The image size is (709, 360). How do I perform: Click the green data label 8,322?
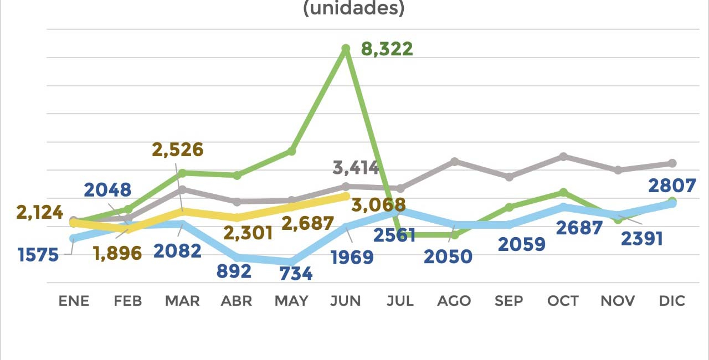coord(387,49)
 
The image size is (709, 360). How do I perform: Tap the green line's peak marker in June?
coord(346,49)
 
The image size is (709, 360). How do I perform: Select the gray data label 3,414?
coord(356,167)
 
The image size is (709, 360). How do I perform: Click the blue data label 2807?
coord(671,186)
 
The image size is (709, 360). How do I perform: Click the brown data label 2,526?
coord(178,150)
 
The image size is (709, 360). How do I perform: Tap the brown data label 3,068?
coord(378,205)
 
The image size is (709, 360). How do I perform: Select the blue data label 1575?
coord(38,255)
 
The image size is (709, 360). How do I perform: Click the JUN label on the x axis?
coord(346,301)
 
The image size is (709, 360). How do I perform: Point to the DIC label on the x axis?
coord(672,301)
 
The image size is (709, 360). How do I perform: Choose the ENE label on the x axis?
coord(74,301)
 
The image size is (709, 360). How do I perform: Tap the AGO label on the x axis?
coord(454,301)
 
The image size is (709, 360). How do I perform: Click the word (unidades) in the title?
coord(354,8)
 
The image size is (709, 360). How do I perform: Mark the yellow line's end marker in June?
coord(346,196)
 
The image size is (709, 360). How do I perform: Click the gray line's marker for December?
coord(672,163)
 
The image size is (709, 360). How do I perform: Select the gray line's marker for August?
coord(454,161)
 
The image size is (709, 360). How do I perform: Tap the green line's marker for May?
coord(291,151)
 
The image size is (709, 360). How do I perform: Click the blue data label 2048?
coord(107,190)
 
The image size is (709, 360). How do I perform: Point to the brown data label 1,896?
coord(117,253)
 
